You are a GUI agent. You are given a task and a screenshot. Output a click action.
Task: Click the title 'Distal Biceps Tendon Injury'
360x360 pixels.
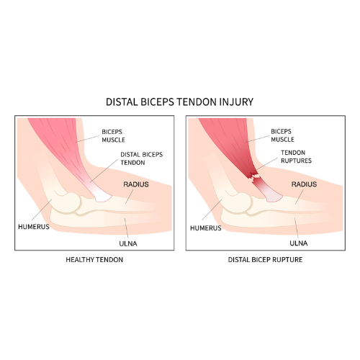point(179,102)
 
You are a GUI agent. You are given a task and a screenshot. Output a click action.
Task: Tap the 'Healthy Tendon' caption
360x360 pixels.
point(94,260)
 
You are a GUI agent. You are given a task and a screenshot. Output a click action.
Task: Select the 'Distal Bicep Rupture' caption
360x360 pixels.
point(265,260)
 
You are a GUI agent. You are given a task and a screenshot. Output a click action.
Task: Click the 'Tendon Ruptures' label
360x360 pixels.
point(296,157)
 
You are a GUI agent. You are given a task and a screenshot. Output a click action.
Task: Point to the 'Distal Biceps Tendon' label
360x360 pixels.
point(142,158)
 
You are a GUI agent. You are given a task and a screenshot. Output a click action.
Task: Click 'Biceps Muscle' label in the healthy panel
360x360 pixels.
point(113,136)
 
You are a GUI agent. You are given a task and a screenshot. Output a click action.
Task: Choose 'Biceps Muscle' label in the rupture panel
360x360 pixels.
point(282,135)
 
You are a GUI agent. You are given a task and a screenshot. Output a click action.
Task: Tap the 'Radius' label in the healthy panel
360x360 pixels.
point(136,184)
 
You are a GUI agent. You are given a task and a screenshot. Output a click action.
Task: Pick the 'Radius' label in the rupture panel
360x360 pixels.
point(304,184)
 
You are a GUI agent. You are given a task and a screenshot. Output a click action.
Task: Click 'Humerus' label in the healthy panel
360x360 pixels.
point(34,227)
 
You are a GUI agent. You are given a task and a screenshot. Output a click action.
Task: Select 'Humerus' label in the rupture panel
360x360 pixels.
point(206,228)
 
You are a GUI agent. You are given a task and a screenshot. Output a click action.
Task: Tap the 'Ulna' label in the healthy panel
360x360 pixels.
point(128,244)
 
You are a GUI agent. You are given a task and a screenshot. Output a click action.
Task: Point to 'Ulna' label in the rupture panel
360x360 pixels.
point(299,243)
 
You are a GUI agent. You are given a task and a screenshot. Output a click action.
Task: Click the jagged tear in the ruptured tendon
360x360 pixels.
point(254,177)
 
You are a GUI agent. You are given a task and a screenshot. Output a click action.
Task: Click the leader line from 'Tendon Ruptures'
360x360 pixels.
point(266,164)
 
